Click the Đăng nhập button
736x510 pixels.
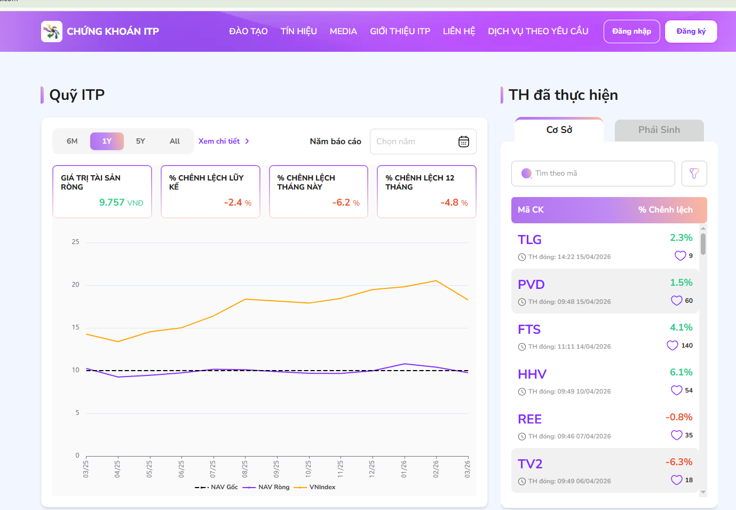[631, 32]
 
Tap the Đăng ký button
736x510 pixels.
[691, 32]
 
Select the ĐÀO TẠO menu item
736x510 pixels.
[248, 32]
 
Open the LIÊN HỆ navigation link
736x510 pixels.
[458, 32]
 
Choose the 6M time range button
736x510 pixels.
[72, 142]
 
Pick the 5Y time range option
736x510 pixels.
[140, 142]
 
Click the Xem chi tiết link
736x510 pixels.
[224, 142]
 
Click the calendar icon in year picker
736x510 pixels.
[464, 142]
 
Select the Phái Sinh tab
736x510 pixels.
[659, 130]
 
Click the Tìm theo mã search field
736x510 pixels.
[592, 174]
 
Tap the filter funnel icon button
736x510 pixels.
[694, 174]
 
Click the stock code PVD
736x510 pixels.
[531, 285]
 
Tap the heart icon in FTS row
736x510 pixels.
[672, 346]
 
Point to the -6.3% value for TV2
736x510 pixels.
[678, 462]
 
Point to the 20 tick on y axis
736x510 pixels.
[75, 285]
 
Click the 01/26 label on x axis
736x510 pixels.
[404, 468]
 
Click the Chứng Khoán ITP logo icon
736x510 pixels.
[52, 32]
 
